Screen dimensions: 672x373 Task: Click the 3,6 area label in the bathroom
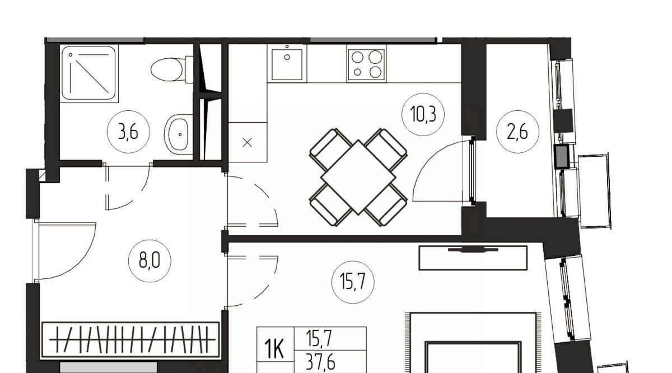(128, 132)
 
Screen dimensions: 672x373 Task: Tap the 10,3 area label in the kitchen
(423, 114)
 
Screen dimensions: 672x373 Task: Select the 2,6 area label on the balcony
(517, 132)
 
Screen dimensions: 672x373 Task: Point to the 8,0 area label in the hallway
(150, 260)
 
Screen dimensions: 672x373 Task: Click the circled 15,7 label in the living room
(353, 282)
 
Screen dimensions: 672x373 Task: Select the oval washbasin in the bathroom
(178, 134)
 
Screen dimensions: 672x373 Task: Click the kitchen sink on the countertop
(287, 63)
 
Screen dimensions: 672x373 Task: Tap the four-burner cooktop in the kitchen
(366, 65)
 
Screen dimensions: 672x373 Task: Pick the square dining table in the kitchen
(358, 178)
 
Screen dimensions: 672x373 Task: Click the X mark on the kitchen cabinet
(247, 143)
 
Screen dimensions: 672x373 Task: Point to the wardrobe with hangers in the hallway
(131, 340)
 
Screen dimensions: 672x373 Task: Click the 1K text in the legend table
(275, 351)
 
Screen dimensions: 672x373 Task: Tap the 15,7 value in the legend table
(319, 339)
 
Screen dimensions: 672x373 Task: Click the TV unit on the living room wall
(473, 258)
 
